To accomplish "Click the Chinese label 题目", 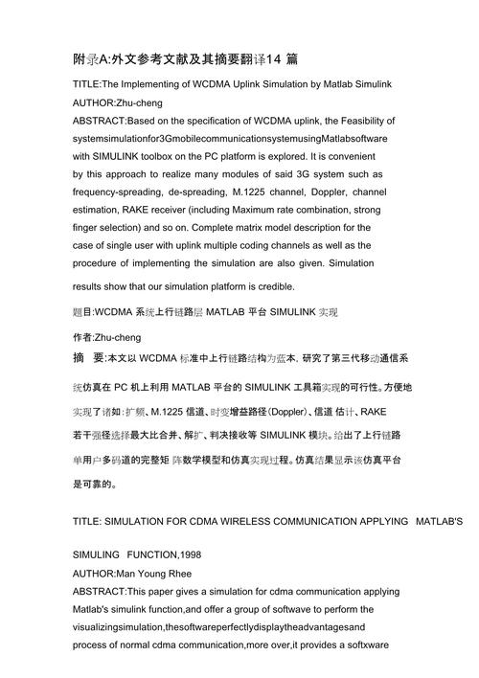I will pyautogui.click(x=83, y=312).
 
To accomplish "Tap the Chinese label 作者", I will pyautogui.click(x=83, y=337).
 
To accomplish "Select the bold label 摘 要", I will pyautogui.click(x=92, y=359).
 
